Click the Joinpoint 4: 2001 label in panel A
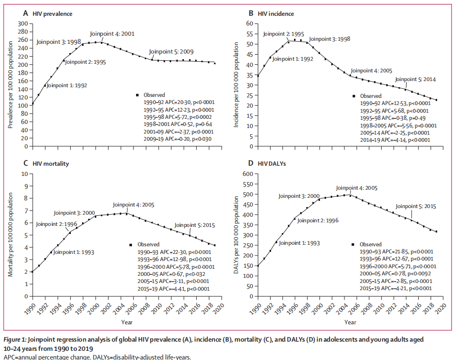[x=112, y=34]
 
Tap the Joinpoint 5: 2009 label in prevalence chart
[x=172, y=52]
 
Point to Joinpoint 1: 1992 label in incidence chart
[x=293, y=59]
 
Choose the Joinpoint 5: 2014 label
[x=415, y=79]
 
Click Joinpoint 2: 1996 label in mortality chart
[x=56, y=223]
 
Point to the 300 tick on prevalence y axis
[x=22, y=24]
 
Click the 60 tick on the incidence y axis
[x=250, y=24]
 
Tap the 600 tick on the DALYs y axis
[x=247, y=174]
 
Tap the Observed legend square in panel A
[x=138, y=95]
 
